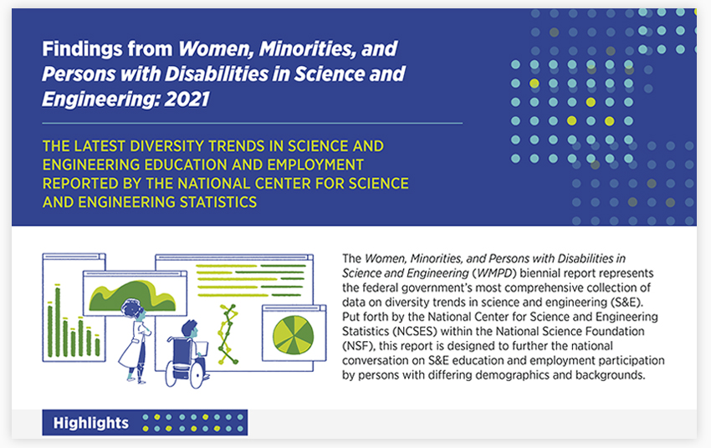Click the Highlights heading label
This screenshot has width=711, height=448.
click(x=90, y=423)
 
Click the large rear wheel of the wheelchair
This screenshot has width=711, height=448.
click(x=197, y=371)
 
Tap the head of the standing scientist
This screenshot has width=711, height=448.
click(x=132, y=310)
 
